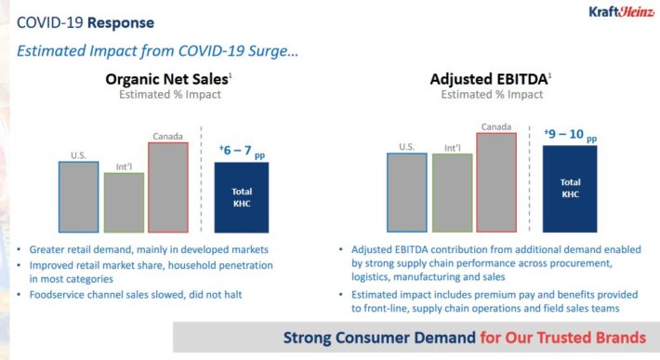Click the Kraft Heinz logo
pos(621,11)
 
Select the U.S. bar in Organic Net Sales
pos(79,197)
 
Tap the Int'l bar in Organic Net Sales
pos(125,203)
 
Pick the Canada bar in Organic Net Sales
pos(168,187)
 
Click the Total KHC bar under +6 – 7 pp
pos(242,197)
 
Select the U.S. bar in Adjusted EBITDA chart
pos(407,193)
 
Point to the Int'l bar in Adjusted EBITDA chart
pos(453,193)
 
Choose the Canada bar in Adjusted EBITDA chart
pos(496,182)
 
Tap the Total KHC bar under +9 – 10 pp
pos(570,189)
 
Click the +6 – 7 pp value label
pos(242,151)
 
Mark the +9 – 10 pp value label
pos(571,135)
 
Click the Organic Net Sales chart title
pos(168,79)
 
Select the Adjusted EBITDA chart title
pos(491,79)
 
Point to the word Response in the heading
pos(121,22)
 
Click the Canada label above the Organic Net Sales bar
pos(167,137)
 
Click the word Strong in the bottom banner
pos(308,338)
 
